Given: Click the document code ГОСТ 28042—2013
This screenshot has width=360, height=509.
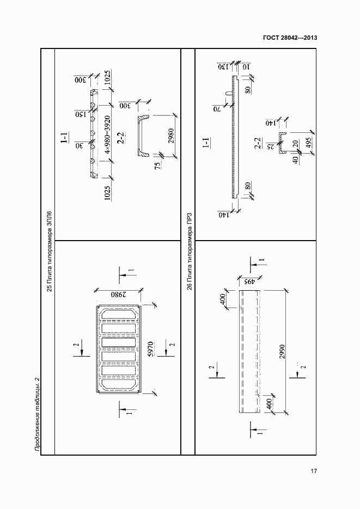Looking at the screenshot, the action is click(290, 38).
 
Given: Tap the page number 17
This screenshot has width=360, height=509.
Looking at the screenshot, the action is click(314, 471).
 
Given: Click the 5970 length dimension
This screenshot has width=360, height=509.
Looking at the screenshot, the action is click(151, 349).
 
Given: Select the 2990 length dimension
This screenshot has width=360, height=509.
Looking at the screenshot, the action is click(282, 352).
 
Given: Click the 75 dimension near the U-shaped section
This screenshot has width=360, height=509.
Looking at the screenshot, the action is click(157, 167).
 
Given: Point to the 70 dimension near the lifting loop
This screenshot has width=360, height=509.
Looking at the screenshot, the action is click(217, 109).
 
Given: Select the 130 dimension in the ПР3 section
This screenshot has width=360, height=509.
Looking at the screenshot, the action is click(222, 67).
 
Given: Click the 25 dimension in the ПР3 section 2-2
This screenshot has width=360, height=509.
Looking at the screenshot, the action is click(268, 146).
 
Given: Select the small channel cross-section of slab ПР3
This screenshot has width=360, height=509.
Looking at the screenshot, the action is click(281, 143).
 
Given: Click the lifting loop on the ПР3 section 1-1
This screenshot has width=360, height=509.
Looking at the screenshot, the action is click(229, 94).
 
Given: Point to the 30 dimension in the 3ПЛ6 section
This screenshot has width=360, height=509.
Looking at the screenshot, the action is click(79, 146).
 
